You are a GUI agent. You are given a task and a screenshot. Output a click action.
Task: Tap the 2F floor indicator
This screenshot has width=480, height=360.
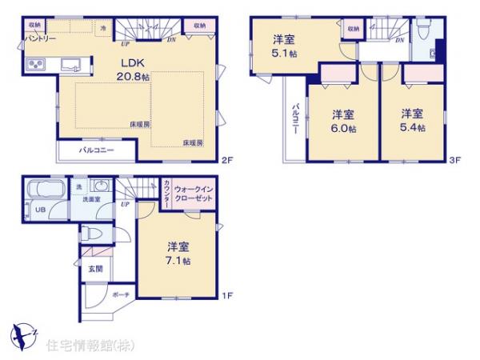[x=226, y=158]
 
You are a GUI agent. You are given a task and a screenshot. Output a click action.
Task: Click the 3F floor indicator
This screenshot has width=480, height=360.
[x=455, y=158]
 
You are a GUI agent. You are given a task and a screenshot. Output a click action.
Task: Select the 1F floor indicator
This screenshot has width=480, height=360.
[x=226, y=295]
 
